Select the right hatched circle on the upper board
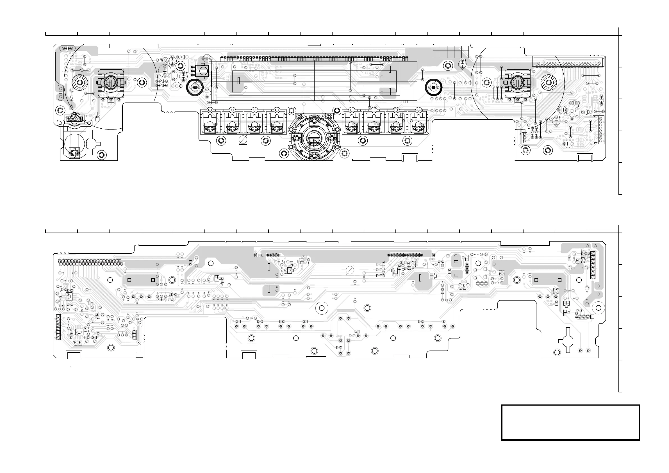[549, 83]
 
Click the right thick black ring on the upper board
[434, 87]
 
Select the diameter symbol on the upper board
[243, 140]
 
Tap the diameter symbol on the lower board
[350, 270]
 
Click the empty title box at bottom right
[570, 422]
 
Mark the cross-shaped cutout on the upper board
[93, 143]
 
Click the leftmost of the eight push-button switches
[210, 122]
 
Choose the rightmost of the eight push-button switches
[418, 122]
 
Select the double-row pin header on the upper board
[568, 63]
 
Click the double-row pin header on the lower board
[90, 262]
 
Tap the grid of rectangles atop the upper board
[450, 52]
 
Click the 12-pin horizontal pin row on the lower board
[405, 255]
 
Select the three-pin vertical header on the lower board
[134, 335]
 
